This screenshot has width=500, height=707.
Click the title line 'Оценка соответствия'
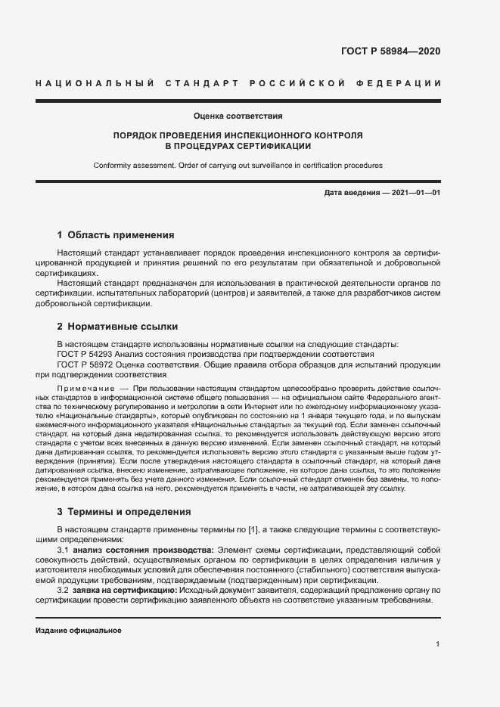[238, 116]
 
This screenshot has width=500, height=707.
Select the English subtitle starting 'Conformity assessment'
[238, 165]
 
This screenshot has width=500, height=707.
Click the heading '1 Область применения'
[116, 234]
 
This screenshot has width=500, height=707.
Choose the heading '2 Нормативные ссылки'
[117, 327]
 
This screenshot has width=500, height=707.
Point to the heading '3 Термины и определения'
[124, 512]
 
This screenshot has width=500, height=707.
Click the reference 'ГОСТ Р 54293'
[84, 354]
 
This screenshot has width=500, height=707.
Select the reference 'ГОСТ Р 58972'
[84, 364]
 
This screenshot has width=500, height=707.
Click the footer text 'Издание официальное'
[78, 631]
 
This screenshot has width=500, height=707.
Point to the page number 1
[438, 643]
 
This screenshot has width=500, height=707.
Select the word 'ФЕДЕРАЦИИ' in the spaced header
[397, 82]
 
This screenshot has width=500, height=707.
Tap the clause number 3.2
[64, 589]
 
